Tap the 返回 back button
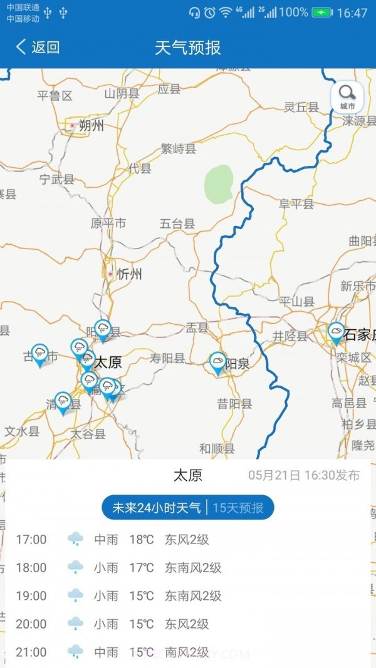pos(38,47)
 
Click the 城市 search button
pos(347,98)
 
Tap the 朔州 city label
pos(91,126)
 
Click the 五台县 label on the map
pos(177,224)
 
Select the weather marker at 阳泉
pos(217,362)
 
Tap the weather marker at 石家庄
pos(337,332)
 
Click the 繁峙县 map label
pos(179,148)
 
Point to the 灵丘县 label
pos(301,107)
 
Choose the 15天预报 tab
pos(238,508)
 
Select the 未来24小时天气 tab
pos(156,508)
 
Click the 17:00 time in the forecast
pos(31,539)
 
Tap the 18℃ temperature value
pos(142,539)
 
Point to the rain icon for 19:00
pos(75,595)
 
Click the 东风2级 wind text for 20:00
pos(187,624)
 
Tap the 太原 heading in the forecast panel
pos(188,476)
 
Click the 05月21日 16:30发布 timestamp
pos(304,475)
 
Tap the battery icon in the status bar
pos(322,13)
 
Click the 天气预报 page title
pos(188,47)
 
